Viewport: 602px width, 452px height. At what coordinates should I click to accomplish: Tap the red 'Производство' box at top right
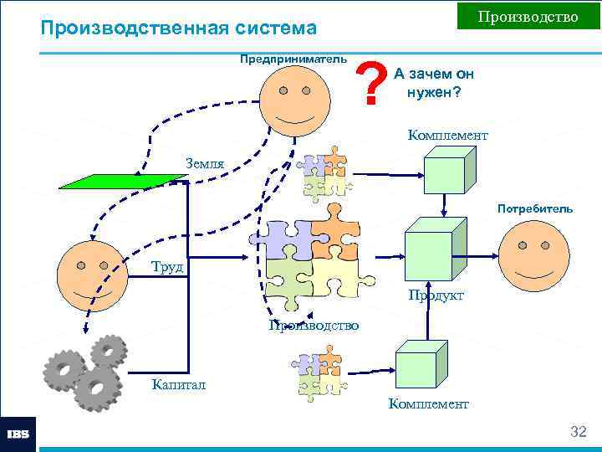(528, 17)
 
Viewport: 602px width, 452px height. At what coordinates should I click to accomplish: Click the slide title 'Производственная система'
(179, 28)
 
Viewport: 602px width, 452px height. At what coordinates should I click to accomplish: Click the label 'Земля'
(204, 163)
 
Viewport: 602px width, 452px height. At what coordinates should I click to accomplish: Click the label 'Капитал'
(178, 385)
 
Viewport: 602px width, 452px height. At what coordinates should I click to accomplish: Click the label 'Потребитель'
(535, 208)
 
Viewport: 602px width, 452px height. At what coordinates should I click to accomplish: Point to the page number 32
(578, 431)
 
